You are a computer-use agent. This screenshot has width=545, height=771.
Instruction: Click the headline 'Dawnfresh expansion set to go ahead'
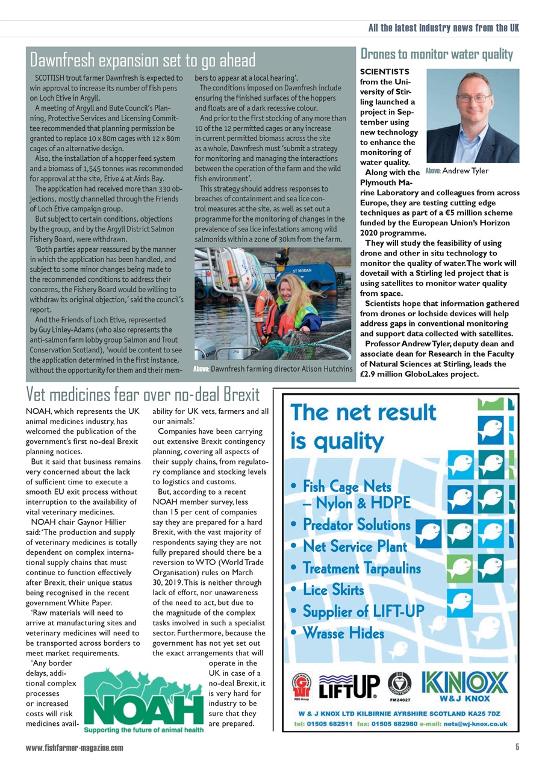(143, 60)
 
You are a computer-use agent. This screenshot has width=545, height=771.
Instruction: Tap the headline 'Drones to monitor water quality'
(436, 54)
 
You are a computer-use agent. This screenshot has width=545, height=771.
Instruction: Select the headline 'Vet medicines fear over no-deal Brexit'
(143, 395)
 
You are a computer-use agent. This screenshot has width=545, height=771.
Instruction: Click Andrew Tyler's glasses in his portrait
(473, 98)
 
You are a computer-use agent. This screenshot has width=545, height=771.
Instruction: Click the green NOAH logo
(143, 700)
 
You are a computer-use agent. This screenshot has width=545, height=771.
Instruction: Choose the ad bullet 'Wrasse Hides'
(343, 633)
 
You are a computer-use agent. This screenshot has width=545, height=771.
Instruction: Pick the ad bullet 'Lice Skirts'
(334, 590)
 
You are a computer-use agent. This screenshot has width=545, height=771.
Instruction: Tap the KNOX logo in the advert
(465, 682)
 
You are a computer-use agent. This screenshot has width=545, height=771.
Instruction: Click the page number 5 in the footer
(517, 748)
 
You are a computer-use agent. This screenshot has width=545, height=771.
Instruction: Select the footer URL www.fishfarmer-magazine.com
(75, 748)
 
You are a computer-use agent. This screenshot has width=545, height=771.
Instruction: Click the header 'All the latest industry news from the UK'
(443, 28)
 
